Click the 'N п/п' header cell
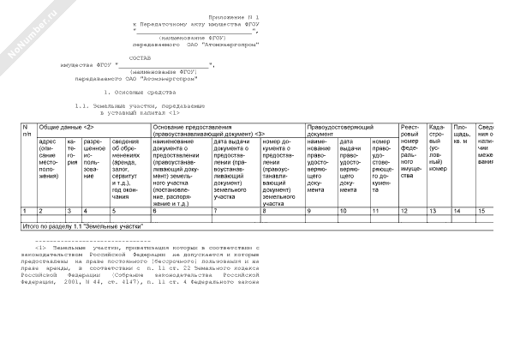pos(27,130)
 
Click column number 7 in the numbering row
pos(215,210)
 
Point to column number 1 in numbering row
pos(26,210)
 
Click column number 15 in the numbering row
pos(481,210)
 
